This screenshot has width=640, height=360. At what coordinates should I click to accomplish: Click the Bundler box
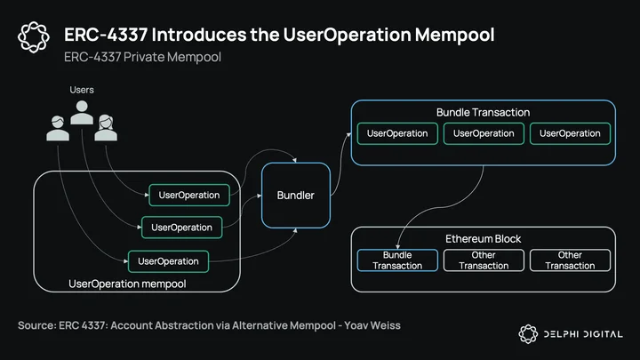[x=296, y=195]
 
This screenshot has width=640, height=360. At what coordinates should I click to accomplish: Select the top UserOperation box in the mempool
[x=189, y=195]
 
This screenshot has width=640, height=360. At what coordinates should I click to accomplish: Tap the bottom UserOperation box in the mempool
[x=168, y=261]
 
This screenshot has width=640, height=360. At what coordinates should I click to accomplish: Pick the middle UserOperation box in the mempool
[x=181, y=228]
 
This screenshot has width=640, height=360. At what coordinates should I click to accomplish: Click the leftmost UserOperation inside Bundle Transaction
[x=397, y=133]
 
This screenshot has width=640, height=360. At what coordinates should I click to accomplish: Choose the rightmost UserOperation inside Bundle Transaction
[x=570, y=133]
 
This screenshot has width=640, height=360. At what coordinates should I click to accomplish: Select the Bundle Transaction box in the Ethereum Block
[x=397, y=260]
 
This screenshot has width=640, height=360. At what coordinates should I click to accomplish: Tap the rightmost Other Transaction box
[x=570, y=260]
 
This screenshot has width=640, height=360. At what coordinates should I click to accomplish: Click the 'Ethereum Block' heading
[x=484, y=239]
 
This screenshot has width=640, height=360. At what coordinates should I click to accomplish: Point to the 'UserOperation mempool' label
[x=127, y=284]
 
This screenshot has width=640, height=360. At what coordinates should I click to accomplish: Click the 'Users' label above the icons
[x=82, y=90]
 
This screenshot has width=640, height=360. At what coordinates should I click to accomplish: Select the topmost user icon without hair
[x=82, y=112]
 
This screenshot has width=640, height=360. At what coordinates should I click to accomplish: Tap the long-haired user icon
[x=106, y=128]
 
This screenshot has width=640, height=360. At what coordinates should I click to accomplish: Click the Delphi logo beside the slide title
[x=34, y=37]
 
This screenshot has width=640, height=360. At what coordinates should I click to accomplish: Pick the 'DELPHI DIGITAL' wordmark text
[x=583, y=334]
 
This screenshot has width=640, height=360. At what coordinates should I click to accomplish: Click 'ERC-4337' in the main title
[x=106, y=35]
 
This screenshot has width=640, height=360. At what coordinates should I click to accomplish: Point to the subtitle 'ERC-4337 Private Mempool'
[x=142, y=57]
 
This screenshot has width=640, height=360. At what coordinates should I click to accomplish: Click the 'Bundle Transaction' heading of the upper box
[x=484, y=112]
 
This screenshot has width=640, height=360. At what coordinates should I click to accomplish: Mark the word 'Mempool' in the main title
[x=455, y=35]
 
